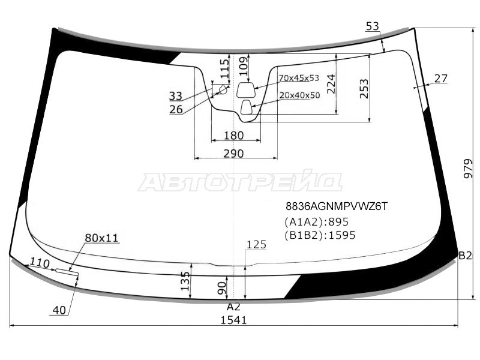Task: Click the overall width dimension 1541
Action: click(x=233, y=320)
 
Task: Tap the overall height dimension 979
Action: click(x=468, y=169)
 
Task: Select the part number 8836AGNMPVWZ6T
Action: click(x=337, y=206)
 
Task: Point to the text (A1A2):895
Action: click(x=317, y=221)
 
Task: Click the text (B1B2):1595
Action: click(x=320, y=235)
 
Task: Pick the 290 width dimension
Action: click(x=233, y=154)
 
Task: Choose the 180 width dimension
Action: click(x=233, y=136)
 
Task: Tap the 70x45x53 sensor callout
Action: click(x=298, y=78)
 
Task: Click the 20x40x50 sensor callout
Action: click(x=299, y=95)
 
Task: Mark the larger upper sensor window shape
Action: click(x=246, y=89)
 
